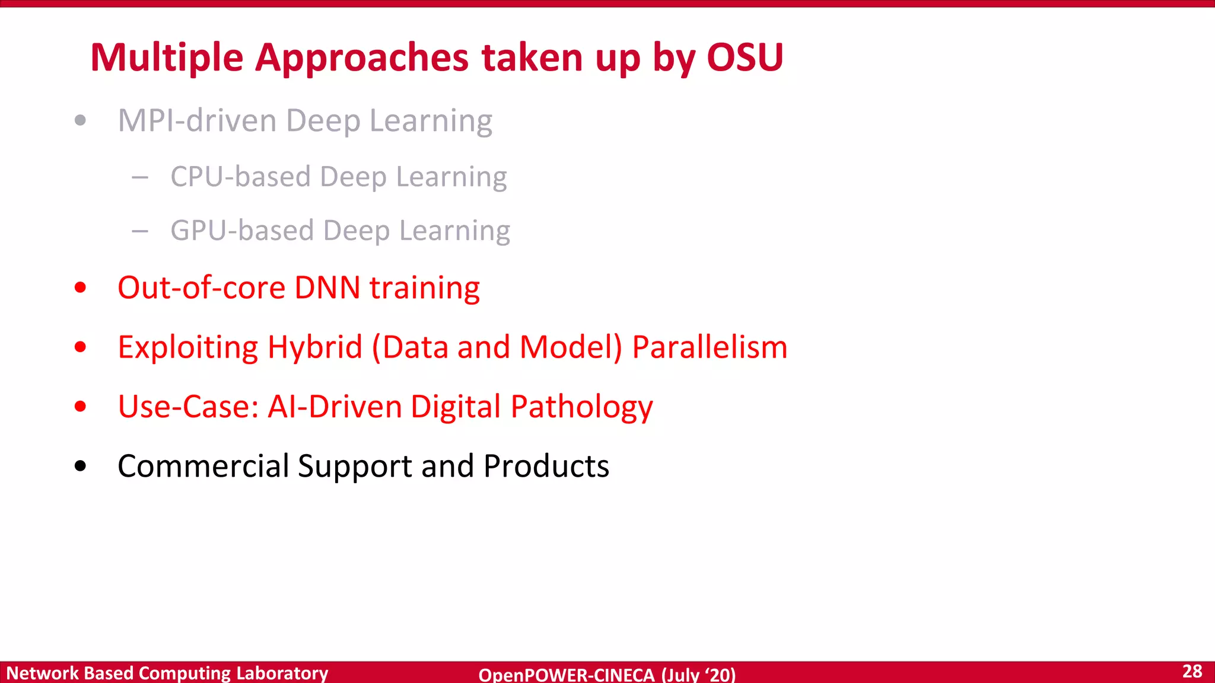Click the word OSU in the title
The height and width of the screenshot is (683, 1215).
pos(745,58)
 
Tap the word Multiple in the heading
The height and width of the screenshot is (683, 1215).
pos(167,59)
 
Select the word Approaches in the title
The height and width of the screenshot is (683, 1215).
pos(362,59)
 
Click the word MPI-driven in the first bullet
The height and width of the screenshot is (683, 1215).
pos(196,120)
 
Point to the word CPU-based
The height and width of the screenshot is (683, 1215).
pos(240,177)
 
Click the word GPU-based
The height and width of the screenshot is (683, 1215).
pos(241,230)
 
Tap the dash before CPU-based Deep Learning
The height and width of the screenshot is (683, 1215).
pos(140,177)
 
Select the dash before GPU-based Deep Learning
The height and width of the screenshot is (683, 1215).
pos(140,231)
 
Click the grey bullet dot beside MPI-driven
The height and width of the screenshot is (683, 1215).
pos(81,121)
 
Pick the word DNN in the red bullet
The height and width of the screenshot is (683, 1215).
pos(327,288)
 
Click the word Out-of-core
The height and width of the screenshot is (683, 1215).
pos(201,288)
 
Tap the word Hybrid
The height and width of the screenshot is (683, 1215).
pos(314,347)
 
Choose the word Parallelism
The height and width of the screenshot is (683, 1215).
pos(710,347)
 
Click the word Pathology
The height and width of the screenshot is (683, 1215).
pos(581,407)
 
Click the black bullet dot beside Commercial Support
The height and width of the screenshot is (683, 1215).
pos(81,466)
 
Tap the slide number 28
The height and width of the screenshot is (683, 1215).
pos(1192,671)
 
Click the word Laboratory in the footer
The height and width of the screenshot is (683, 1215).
pos(282,673)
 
